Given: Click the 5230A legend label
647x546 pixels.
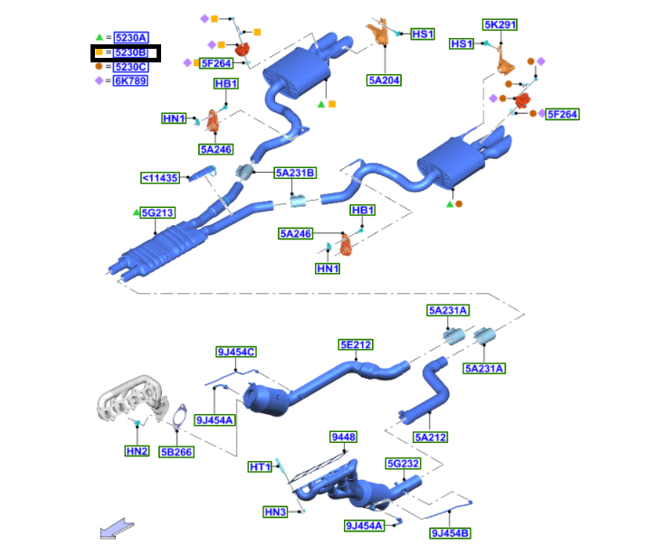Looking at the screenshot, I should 131,38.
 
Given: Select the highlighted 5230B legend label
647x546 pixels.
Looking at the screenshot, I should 131,53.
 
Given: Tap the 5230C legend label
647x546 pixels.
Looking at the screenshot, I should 131,67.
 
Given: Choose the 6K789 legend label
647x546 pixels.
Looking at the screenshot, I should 130,80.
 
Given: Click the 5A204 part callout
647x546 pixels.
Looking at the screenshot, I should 384,80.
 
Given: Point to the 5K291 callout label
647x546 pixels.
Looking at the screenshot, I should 500,25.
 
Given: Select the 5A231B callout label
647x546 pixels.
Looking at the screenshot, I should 295,173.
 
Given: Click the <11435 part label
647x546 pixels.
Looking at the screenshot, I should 160,178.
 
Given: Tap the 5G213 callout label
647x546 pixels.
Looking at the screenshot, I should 156,213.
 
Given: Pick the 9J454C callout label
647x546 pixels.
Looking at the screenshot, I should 235,353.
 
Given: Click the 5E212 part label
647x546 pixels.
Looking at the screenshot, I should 356,344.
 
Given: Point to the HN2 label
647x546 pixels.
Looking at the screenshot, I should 136,450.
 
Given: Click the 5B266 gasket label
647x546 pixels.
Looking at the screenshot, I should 176,451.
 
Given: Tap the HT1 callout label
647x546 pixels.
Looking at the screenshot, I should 260,466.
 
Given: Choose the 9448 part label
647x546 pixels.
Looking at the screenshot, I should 344,437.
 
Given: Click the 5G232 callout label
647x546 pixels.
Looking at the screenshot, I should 403,464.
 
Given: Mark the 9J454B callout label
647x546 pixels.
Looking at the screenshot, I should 450,532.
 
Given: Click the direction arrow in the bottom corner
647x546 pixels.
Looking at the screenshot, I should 115,528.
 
